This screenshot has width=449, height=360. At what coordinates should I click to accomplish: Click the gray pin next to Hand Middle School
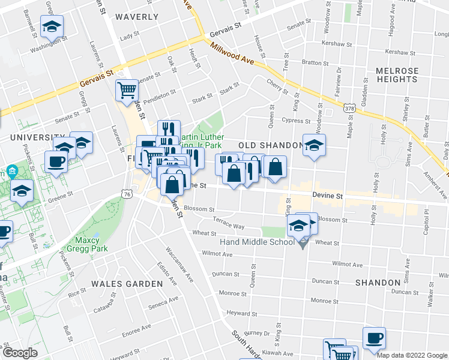click(x=303, y=243)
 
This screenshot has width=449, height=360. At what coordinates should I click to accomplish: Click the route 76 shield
click(x=125, y=194)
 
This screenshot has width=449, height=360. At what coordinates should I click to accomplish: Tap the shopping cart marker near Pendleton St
click(x=127, y=91)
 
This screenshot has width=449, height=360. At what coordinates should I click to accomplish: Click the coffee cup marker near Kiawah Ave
click(x=375, y=337)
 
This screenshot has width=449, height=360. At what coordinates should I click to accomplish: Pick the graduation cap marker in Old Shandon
click(x=313, y=146)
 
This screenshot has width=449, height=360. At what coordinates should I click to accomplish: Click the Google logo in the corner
click(x=20, y=353)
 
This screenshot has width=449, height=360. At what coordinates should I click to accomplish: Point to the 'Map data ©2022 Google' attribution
click(x=412, y=355)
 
